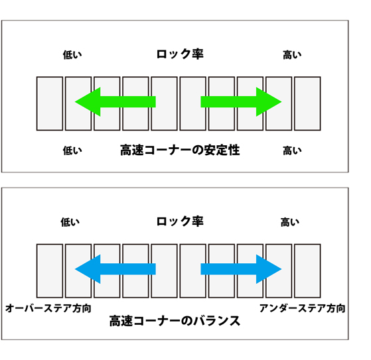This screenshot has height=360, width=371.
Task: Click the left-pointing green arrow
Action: tap(115, 102)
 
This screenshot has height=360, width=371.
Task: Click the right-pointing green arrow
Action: tap(241, 102)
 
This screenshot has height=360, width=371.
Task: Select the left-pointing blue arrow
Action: tap(115, 269)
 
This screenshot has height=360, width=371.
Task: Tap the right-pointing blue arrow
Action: tap(241, 269)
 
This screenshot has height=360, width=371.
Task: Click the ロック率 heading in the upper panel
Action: tap(180, 54)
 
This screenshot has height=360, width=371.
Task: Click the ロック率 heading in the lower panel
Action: tap(180, 221)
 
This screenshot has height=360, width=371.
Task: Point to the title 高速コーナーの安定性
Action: tap(180, 150)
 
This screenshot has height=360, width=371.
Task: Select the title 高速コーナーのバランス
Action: tap(175, 321)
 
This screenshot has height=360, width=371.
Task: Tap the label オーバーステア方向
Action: tap(48, 308)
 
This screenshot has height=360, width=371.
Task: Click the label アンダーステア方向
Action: tap(302, 308)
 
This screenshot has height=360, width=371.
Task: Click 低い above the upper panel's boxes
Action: tap(72, 55)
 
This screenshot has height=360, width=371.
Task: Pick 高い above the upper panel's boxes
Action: tap(292, 55)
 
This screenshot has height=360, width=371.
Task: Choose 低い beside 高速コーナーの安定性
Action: tap(72, 150)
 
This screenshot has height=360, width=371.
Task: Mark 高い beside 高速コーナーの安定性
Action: tap(292, 150)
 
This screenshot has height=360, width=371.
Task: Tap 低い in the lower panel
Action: tap(70, 222)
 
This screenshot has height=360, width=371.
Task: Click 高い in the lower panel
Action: tap(290, 222)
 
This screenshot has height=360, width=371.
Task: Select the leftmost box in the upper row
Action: tap(50, 103)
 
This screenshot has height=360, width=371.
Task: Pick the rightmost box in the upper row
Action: tap(307, 103)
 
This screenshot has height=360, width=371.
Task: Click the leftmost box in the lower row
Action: tap(50, 271)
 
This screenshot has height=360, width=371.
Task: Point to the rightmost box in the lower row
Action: tap(307, 271)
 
